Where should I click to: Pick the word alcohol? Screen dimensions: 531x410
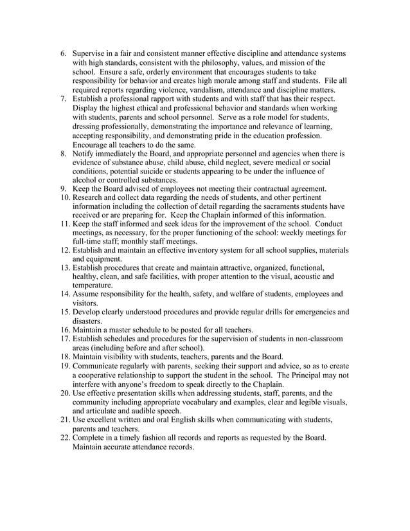tap(87, 181)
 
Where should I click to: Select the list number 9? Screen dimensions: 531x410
tap(64, 189)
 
